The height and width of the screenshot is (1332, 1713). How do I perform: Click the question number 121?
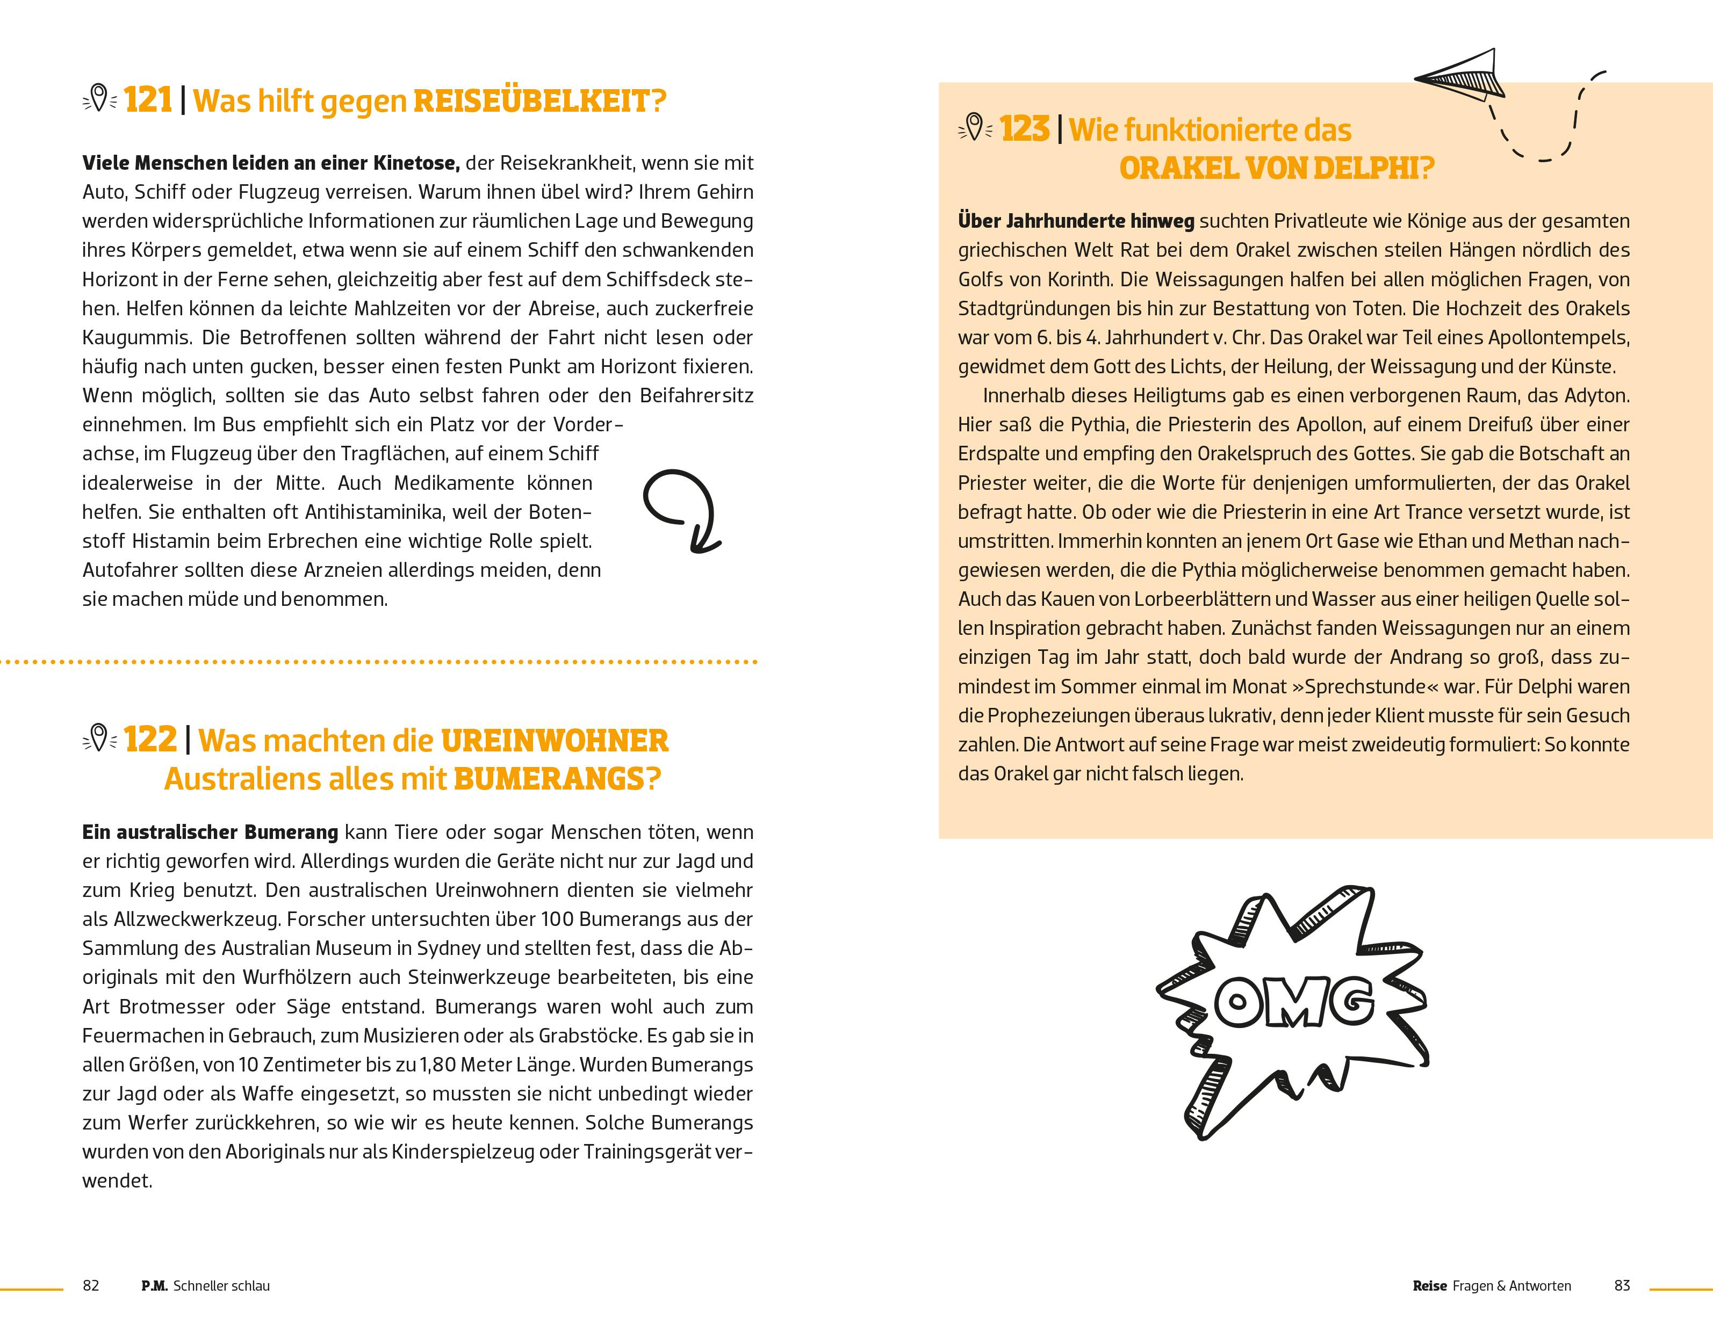[148, 100]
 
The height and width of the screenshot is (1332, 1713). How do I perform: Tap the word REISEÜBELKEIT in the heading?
[539, 102]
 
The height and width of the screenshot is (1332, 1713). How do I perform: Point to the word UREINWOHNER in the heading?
[555, 741]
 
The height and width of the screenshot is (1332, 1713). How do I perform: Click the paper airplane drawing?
[1461, 76]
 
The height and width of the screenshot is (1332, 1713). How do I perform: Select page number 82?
[91, 1286]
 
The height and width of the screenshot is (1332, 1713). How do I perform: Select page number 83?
[1622, 1286]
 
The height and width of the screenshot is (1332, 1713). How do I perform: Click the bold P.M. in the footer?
[155, 1286]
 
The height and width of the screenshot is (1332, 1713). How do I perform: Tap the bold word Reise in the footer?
[1429, 1286]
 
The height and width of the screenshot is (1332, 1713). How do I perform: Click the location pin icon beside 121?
[99, 99]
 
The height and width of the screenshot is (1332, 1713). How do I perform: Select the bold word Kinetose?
[415, 163]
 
